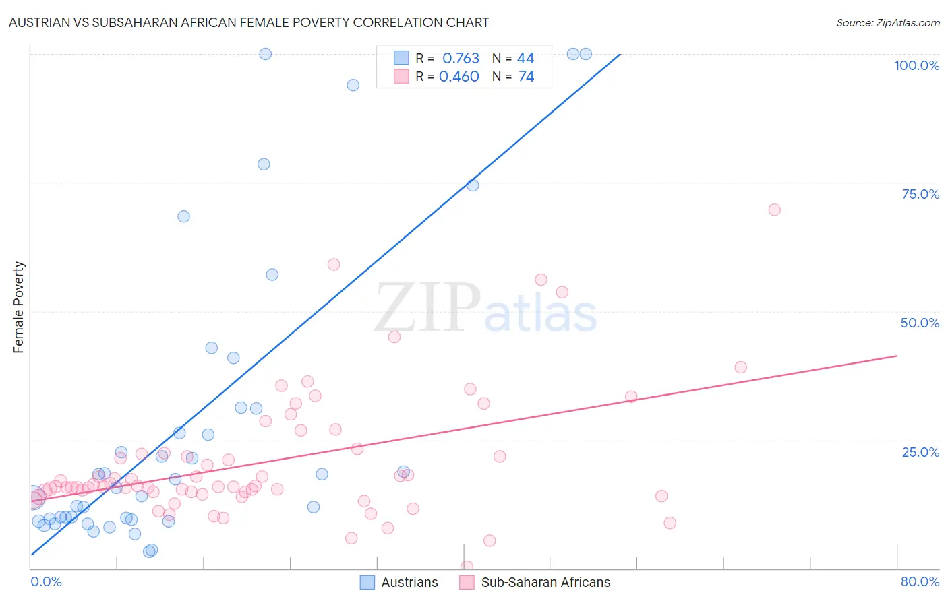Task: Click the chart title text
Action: (249, 22)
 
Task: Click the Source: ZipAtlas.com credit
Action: (887, 22)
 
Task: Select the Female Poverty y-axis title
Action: (19, 307)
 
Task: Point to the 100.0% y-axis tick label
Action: (916, 65)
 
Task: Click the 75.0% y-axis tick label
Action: (920, 194)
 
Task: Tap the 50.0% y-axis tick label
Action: (920, 323)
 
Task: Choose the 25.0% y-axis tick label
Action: (920, 452)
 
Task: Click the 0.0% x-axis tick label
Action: (46, 581)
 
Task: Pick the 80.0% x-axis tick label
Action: (920, 581)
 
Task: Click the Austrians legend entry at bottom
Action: (399, 582)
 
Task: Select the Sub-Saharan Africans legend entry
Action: (535, 582)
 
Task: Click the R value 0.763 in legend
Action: (461, 59)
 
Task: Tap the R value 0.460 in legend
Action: (459, 77)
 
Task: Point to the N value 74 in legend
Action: (526, 77)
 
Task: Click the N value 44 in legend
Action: (525, 59)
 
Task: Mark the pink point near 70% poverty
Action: (774, 210)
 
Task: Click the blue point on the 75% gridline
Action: (473, 185)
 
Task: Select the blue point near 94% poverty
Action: (353, 85)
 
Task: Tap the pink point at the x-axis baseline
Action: (467, 567)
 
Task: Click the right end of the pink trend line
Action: (897, 355)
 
